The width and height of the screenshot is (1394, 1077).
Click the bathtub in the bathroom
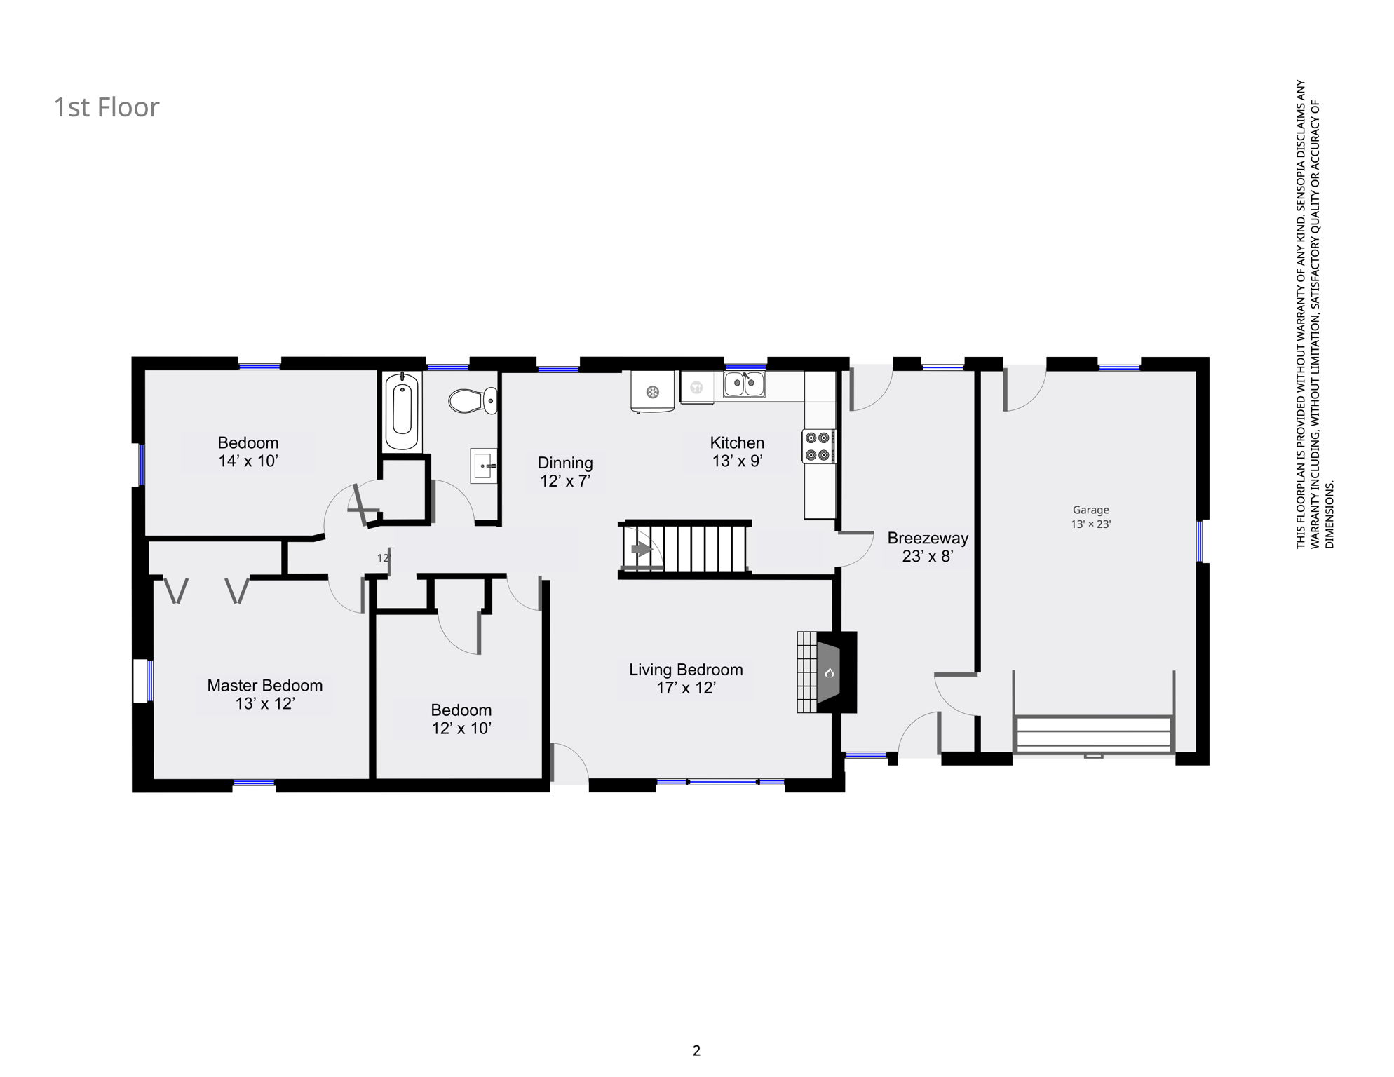point(402,412)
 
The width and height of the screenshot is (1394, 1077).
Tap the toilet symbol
point(473,401)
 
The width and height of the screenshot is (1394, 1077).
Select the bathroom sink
point(484,466)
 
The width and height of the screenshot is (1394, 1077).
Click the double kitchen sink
point(745,384)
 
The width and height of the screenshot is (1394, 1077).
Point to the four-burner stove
point(819,447)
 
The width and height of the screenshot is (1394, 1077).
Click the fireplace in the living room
point(827,672)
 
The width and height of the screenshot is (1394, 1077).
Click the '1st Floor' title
point(107,107)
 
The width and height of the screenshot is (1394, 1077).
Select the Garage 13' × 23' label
point(1090,517)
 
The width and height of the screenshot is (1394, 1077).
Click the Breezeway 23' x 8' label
point(928,548)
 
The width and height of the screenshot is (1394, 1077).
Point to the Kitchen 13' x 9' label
point(737,452)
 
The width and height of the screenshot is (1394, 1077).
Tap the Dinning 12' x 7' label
point(565,472)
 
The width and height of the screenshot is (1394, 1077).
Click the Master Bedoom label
point(265,686)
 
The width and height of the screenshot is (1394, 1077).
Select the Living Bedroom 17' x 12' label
point(686,679)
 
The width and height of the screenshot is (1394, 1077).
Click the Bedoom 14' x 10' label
point(248,452)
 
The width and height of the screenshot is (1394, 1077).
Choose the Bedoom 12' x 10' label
point(461,719)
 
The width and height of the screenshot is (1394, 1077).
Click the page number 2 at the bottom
point(696,1051)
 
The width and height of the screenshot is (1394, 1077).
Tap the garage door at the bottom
point(1093,734)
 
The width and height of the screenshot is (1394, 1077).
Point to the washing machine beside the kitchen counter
point(652,391)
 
